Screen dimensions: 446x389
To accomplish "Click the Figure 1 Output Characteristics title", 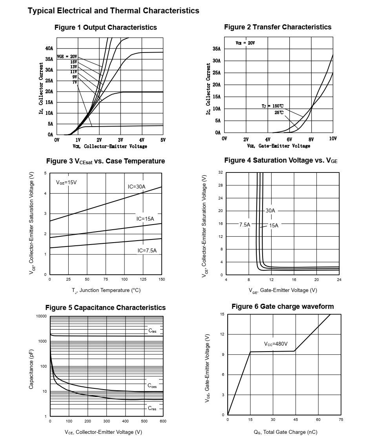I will pos(106,27).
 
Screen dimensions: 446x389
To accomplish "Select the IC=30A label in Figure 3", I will pos(137,187).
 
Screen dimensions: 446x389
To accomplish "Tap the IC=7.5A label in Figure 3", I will pos(147,250).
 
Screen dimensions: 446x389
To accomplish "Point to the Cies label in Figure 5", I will pos(152,331).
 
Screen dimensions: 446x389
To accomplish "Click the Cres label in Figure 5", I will pos(152,408).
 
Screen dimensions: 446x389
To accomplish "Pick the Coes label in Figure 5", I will pos(152,386).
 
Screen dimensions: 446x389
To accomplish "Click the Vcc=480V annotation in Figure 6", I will pos(276,344).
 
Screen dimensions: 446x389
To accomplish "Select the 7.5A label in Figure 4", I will pos(245,225).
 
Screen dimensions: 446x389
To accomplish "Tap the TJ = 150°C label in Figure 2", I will pos(272,106).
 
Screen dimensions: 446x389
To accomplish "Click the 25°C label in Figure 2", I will pos(279,112).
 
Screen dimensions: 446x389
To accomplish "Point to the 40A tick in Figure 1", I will pos(49,49).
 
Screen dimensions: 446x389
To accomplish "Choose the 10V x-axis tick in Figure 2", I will pos(333,139).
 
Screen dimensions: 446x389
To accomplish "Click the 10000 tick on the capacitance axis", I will pos(41,316).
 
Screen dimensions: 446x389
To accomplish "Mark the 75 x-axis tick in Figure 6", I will pos(341,419).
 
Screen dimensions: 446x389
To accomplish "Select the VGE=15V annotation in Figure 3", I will pos(66,183).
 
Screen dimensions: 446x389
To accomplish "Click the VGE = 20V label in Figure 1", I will pos(67,56).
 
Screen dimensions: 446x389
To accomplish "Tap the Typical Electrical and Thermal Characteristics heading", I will pos(113,11).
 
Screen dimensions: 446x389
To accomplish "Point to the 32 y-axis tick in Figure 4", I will pos(221,172).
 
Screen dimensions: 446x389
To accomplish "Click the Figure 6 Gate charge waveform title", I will pos(283,306).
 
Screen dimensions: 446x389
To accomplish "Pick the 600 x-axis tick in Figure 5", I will pos(163,421).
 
